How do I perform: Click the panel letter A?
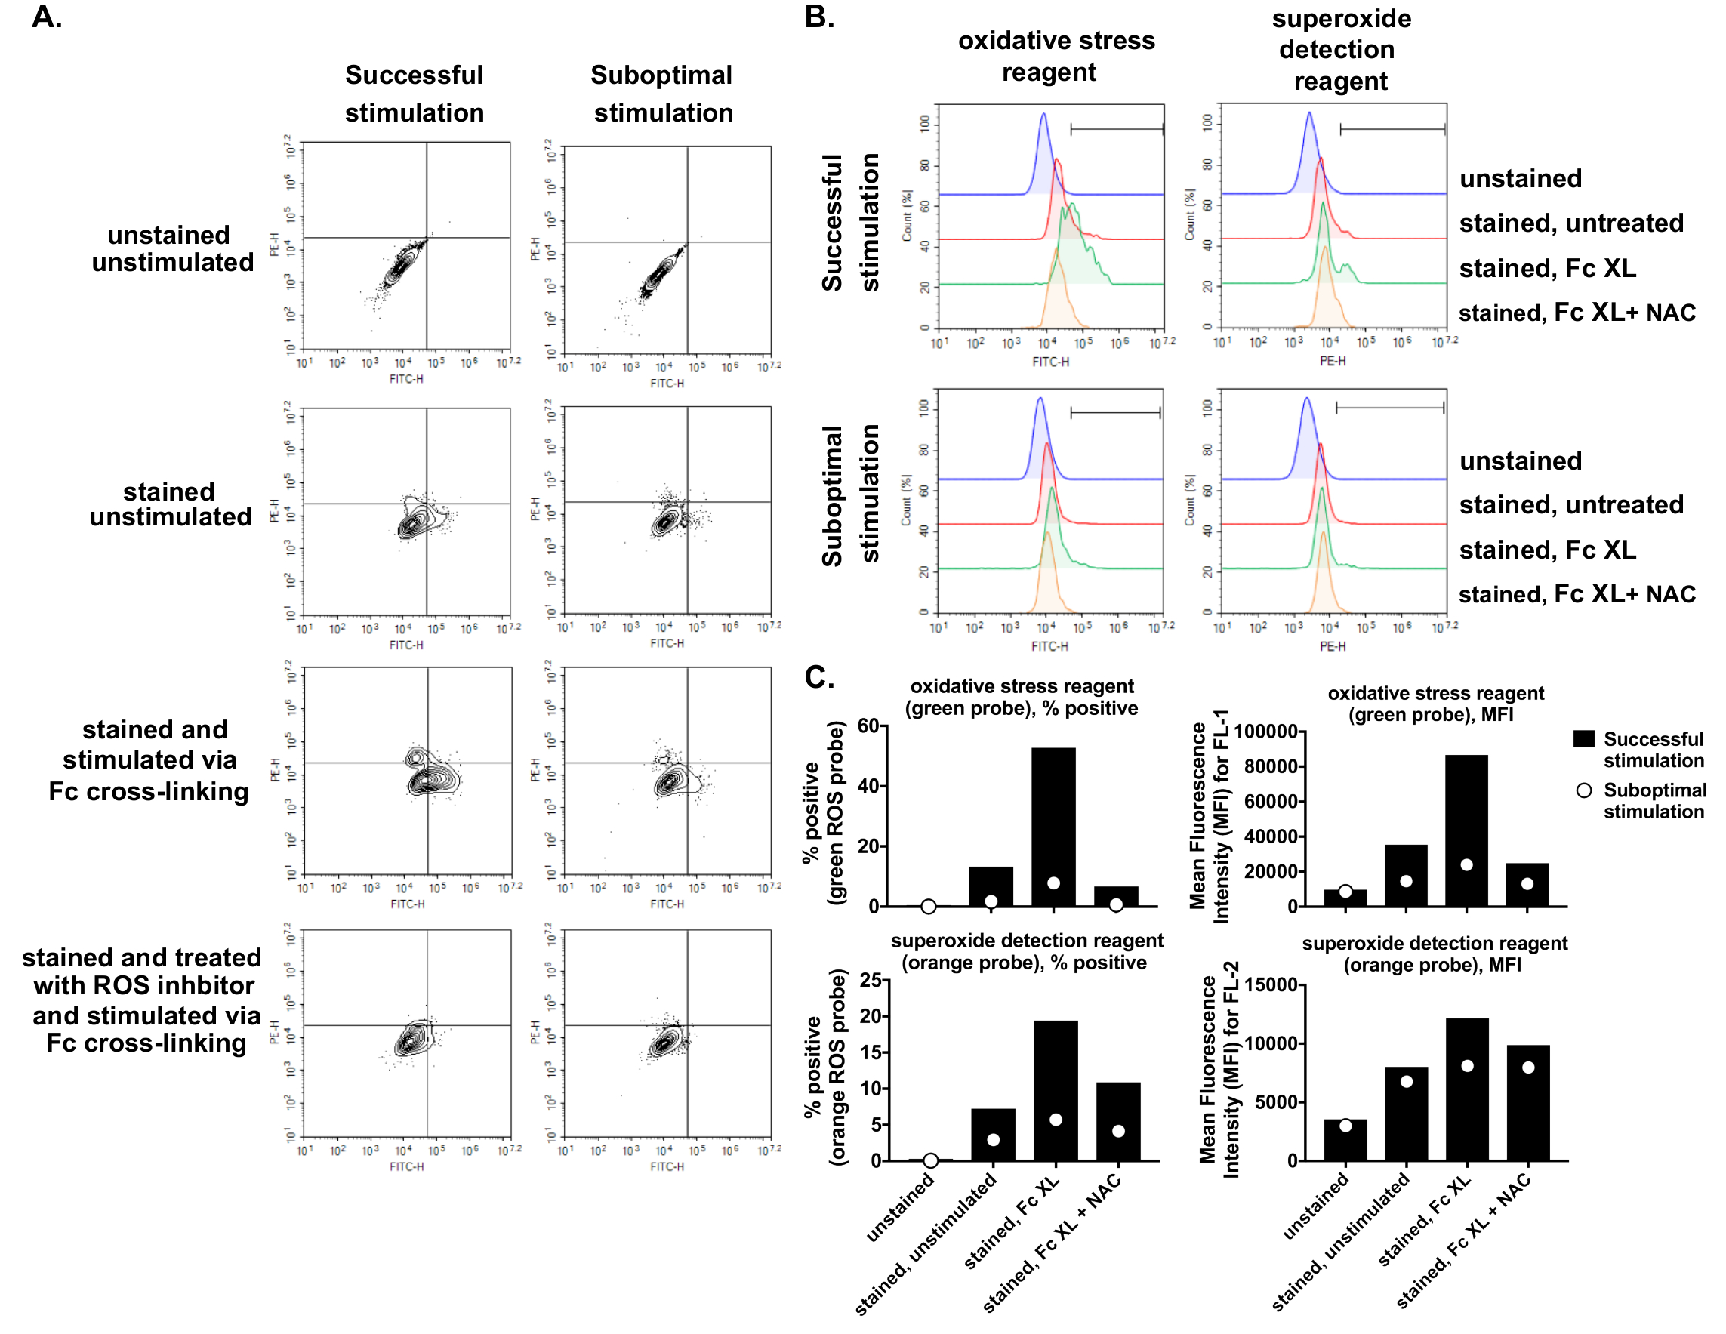pyautogui.click(x=47, y=17)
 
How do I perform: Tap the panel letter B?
pyautogui.click(x=819, y=17)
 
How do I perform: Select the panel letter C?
pyautogui.click(x=819, y=677)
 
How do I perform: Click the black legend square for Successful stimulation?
pyautogui.click(x=1584, y=739)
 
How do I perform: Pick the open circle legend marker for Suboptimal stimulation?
pyautogui.click(x=1584, y=790)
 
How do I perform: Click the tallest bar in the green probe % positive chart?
pyautogui.click(x=1053, y=826)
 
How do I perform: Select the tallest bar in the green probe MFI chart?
pyautogui.click(x=1467, y=830)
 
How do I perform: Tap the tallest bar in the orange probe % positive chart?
pyautogui.click(x=1055, y=1091)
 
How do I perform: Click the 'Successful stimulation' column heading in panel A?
pyautogui.click(x=414, y=94)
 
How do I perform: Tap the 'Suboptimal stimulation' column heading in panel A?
pyautogui.click(x=662, y=94)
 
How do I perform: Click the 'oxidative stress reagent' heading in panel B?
pyautogui.click(x=1056, y=55)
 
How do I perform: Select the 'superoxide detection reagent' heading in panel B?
pyautogui.click(x=1341, y=49)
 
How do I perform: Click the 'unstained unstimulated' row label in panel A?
pyautogui.click(x=171, y=248)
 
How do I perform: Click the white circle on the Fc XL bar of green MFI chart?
pyautogui.click(x=1467, y=864)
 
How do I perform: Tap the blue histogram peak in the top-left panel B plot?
pyautogui.click(x=1043, y=116)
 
